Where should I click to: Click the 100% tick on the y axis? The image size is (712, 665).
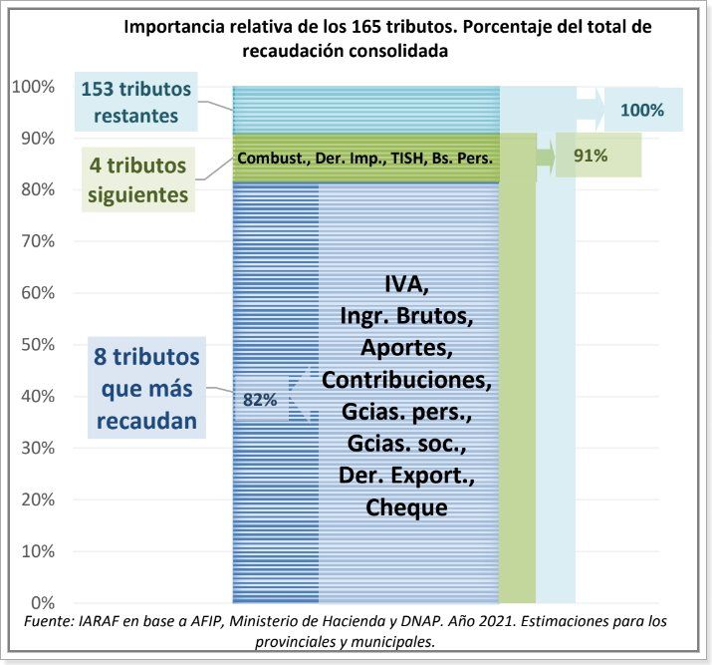click(33, 87)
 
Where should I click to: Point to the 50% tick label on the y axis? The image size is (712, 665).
click(37, 345)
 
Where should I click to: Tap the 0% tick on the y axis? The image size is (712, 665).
click(41, 603)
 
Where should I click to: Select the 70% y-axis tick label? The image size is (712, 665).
click(37, 241)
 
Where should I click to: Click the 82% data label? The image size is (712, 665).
click(259, 400)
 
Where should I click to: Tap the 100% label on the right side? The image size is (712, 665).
click(641, 110)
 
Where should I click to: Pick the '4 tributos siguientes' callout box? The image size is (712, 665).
click(136, 180)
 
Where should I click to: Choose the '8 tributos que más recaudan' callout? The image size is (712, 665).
click(146, 389)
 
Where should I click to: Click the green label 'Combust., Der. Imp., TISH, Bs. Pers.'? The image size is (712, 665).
click(365, 158)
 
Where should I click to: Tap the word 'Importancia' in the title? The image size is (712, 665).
click(170, 27)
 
